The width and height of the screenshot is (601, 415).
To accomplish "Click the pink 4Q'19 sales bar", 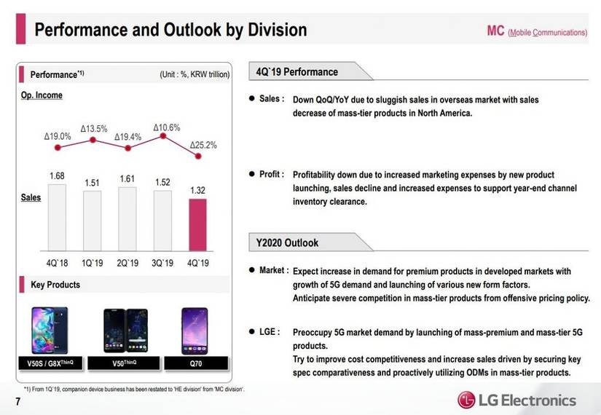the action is tap(197, 225).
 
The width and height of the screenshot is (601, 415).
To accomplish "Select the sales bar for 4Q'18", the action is tap(57, 218).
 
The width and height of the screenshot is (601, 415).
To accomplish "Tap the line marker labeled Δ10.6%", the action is tap(163, 135).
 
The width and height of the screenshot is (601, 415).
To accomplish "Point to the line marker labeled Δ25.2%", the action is tap(198, 156).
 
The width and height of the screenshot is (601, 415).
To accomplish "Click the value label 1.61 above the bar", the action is tap(127, 179).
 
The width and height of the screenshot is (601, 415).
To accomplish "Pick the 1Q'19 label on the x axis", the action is tap(92, 263).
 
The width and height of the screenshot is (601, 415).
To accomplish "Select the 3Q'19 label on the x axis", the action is tap(162, 263).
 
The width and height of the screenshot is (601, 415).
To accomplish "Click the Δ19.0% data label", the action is tap(58, 136).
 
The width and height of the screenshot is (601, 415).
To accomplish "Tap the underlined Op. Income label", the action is tap(42, 95).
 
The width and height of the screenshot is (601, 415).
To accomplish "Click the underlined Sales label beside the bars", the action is tap(31, 197).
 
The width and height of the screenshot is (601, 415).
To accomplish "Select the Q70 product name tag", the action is tap(196, 363).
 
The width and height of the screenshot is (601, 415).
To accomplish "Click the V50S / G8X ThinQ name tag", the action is tap(50, 363).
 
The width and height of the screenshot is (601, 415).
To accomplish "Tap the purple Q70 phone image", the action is tap(195, 331).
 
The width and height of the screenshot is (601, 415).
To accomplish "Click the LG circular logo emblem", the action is tap(466, 400).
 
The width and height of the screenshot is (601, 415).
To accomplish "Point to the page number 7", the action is tap(18, 402).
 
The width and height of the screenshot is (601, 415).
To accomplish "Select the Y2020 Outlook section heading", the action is tap(287, 243).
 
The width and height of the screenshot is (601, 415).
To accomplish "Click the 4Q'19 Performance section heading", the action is tap(297, 72).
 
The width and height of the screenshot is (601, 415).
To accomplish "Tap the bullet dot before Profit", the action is tap(252, 174).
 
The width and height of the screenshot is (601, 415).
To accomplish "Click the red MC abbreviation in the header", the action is tap(495, 31).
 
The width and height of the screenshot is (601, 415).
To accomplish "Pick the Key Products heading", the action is tap(55, 285).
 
